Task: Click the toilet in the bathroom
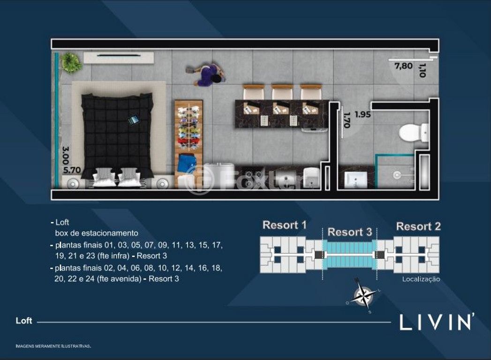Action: click(x=413, y=133)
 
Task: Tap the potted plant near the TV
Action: click(x=71, y=62)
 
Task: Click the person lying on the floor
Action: click(x=206, y=75)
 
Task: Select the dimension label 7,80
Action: click(x=403, y=66)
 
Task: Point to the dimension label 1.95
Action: click(x=363, y=114)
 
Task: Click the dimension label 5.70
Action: click(x=72, y=170)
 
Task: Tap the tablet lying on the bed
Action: click(x=133, y=120)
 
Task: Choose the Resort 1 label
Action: click(x=284, y=225)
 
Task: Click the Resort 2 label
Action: click(x=418, y=226)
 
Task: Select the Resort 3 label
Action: click(x=349, y=232)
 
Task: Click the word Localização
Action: click(x=421, y=279)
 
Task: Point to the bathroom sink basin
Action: click(x=355, y=180)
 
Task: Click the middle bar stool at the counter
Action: click(x=282, y=92)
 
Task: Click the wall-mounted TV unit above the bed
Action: click(x=118, y=57)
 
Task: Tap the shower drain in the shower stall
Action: click(x=397, y=175)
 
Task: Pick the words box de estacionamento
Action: click(x=97, y=233)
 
